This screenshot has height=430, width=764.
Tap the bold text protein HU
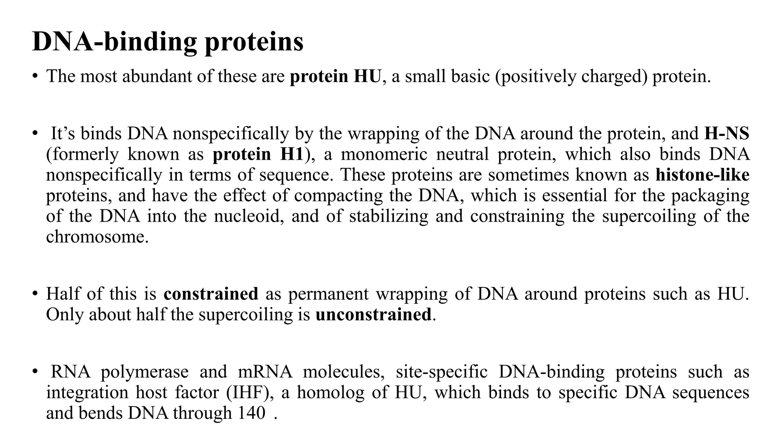(335, 77)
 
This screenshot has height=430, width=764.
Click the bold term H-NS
(727, 134)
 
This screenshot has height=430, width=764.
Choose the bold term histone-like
(702, 175)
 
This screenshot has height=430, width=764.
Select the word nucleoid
(247, 216)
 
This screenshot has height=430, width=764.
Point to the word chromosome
(97, 237)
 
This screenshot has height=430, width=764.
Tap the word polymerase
(145, 372)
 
